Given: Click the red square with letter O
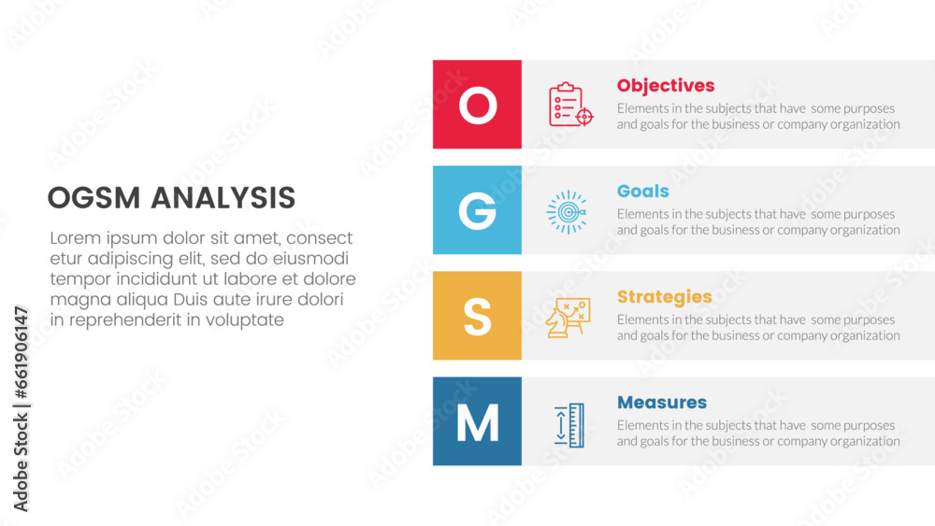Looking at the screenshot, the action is click(x=477, y=105).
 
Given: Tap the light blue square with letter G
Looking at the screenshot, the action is click(x=477, y=209).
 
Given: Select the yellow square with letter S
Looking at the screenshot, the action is click(x=477, y=316).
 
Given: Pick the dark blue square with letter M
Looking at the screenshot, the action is click(x=477, y=421).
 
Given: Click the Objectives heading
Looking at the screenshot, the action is click(x=666, y=86).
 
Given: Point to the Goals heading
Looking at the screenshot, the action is click(x=643, y=192).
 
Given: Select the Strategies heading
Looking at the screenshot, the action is click(x=664, y=297).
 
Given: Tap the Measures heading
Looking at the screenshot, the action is click(x=662, y=403).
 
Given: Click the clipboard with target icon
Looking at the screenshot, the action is click(x=570, y=105).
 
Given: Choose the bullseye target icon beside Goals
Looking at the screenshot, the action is click(x=568, y=211).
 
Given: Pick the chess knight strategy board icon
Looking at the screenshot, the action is click(x=568, y=318).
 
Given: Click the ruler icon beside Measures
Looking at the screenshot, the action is click(x=569, y=425).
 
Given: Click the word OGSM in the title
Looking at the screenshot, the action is click(x=93, y=198).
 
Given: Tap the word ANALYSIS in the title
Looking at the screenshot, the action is click(x=223, y=198).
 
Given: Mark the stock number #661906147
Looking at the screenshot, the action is click(x=22, y=353).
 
